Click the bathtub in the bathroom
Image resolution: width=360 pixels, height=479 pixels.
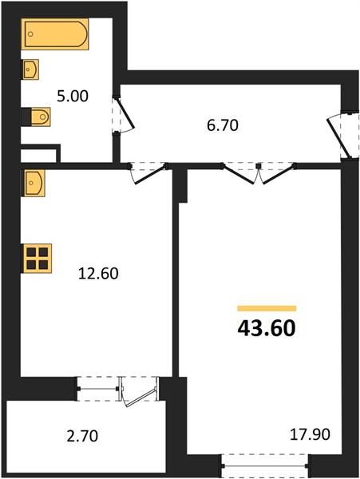click(55, 34)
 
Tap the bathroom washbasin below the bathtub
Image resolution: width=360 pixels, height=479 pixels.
click(30, 69)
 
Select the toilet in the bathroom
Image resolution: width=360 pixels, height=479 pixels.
click(37, 117)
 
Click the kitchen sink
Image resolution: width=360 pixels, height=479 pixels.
click(34, 183)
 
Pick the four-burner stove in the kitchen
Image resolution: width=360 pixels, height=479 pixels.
click(37, 258)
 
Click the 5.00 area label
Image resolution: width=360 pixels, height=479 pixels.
click(73, 97)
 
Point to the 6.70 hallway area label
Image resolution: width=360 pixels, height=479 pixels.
click(223, 125)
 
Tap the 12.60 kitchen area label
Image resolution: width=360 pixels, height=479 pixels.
click(98, 273)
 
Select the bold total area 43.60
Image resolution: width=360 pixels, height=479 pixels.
click(267, 328)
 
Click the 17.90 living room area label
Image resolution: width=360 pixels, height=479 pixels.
click(310, 434)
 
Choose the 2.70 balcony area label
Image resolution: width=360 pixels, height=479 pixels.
click(82, 436)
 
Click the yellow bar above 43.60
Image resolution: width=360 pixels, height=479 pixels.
click(267, 308)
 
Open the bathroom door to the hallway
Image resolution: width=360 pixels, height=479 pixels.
click(124, 114)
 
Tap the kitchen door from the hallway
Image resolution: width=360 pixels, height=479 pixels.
click(148, 173)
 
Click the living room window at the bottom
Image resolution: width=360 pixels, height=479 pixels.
click(265, 466)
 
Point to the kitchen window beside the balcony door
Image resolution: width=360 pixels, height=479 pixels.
click(98, 389)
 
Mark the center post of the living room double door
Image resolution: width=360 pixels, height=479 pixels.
click(259, 166)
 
